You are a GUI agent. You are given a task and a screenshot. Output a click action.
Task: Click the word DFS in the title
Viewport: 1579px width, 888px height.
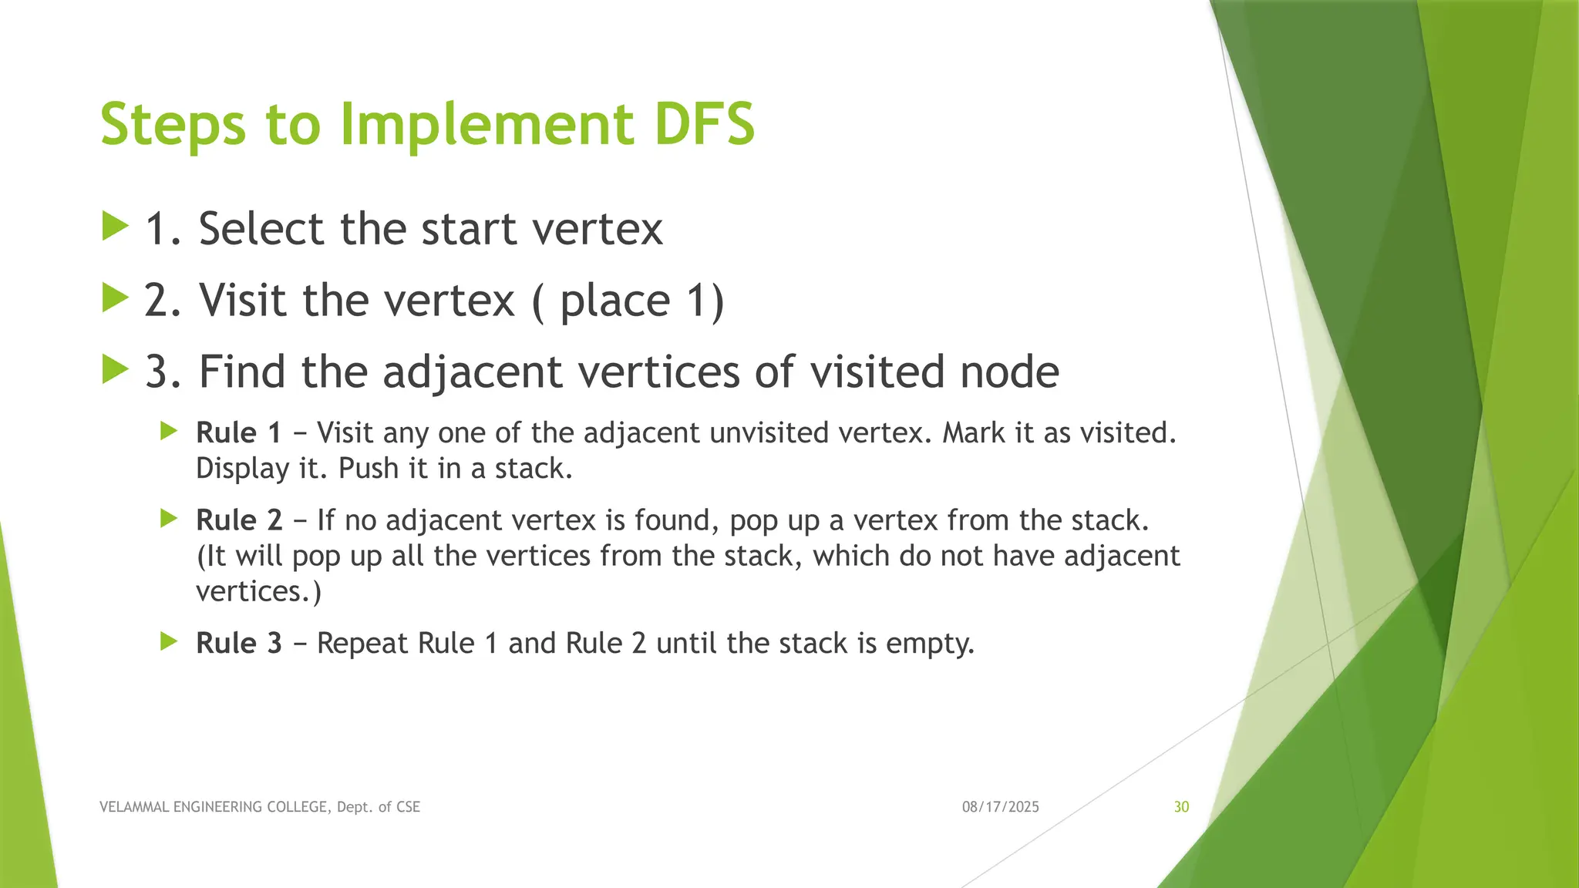point(704,124)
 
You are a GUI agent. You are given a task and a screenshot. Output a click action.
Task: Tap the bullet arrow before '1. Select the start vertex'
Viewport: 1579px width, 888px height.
point(115,227)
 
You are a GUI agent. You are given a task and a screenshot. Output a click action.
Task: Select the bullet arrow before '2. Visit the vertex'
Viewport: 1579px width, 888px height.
point(115,298)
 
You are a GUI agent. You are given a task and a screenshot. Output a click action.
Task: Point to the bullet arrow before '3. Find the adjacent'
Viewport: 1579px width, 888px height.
point(115,369)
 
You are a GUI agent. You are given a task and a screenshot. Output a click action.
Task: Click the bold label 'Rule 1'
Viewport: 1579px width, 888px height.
point(238,432)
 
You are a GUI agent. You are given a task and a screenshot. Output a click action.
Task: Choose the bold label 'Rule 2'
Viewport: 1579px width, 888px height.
point(239,520)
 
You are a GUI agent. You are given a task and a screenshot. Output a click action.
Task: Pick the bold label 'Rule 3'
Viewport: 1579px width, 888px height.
point(239,643)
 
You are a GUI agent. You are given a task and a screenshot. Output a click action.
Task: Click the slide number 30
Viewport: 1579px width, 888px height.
point(1181,807)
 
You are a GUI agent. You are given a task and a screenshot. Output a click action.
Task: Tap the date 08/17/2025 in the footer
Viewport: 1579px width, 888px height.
point(1000,807)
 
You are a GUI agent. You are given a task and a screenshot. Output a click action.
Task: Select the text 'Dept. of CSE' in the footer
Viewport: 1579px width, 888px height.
point(378,807)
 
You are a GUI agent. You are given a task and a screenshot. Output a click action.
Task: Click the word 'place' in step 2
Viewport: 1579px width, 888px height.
point(614,301)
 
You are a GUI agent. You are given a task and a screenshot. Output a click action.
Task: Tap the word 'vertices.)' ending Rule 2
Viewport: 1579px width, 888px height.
point(258,591)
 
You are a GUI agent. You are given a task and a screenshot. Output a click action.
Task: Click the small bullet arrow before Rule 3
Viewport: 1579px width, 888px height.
point(169,641)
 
